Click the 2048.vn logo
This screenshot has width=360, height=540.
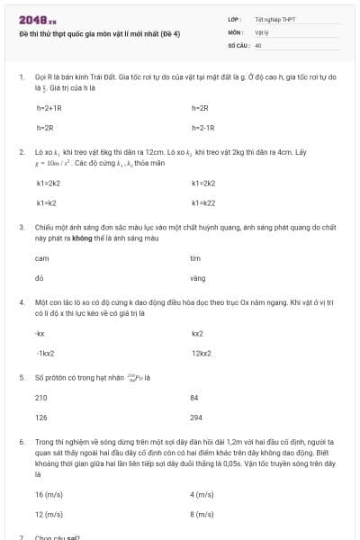click(36, 20)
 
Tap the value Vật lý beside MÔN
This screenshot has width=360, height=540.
click(262, 31)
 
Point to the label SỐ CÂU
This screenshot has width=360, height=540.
click(238, 44)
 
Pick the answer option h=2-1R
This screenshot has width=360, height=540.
click(204, 128)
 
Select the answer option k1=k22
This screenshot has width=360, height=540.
click(203, 202)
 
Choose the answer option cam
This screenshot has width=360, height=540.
click(41, 258)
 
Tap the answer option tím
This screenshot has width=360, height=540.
click(195, 258)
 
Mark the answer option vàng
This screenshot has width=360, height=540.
click(198, 278)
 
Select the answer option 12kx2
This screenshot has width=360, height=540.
click(202, 353)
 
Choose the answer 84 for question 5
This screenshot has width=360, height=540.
click(194, 397)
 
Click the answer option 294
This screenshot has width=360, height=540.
click(196, 418)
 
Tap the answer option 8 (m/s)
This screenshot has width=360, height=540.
click(202, 514)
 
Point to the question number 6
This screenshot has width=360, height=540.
click(22, 443)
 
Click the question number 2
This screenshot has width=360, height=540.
click(22, 152)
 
